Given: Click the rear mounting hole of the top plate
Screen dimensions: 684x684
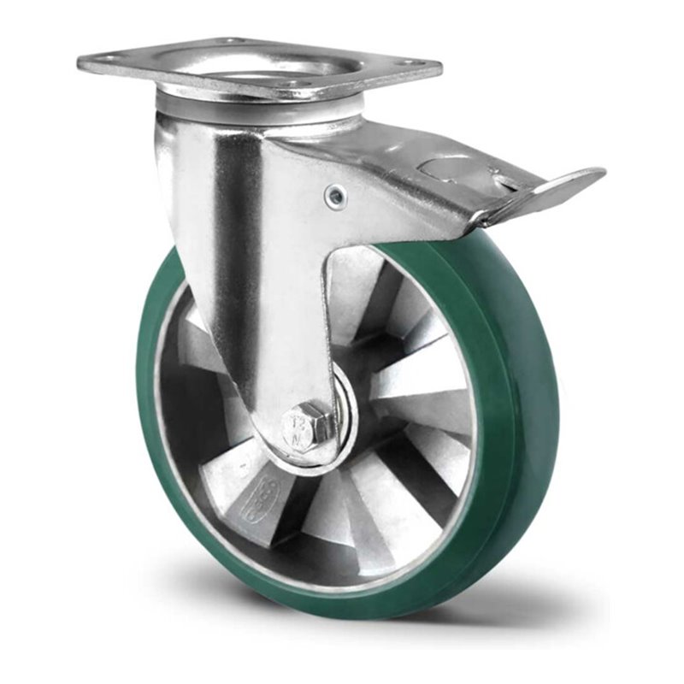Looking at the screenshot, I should [230, 39].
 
